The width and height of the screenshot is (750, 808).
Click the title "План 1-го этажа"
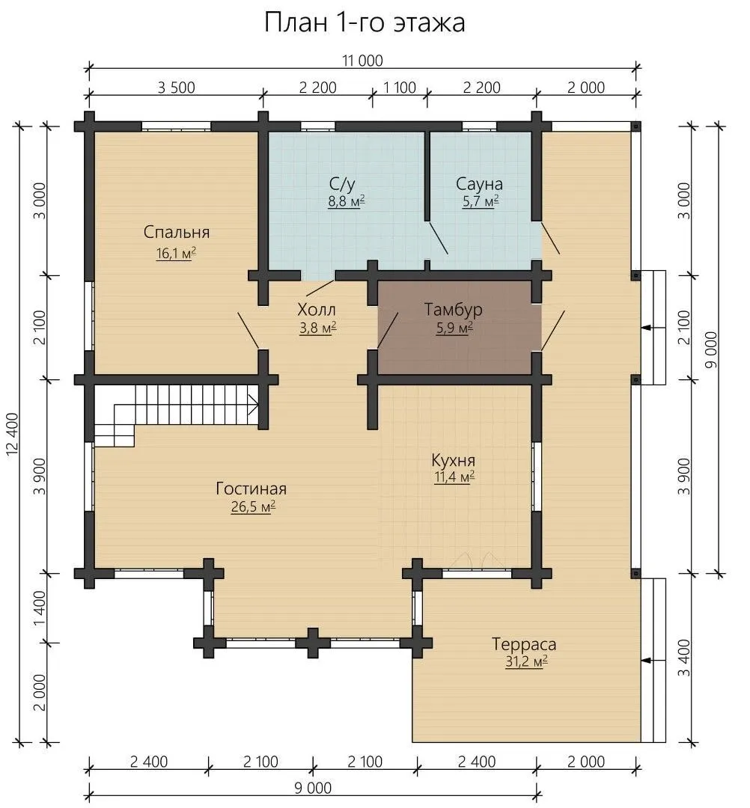tap(365, 22)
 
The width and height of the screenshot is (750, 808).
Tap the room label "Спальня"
tap(177, 232)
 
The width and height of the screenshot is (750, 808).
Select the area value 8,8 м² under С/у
tap(347, 201)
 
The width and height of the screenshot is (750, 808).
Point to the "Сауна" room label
tap(479, 183)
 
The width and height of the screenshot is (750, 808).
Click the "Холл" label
tap(317, 310)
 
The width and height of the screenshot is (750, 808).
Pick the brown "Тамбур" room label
tap(453, 309)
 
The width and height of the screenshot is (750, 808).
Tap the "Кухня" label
tap(454, 459)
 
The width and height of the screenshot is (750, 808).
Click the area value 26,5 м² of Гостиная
tap(252, 506)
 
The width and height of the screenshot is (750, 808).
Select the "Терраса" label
tap(524, 644)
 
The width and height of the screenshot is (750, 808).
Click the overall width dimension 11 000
tap(364, 61)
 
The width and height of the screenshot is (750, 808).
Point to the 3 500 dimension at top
tap(177, 88)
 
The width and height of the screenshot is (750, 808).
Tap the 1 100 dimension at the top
tap(400, 88)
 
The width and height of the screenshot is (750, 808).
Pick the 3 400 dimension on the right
tap(683, 658)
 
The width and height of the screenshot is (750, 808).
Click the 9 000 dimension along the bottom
tap(313, 788)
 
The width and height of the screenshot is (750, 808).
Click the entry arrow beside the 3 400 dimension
tap(652, 660)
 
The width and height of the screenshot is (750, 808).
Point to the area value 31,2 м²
tap(525, 661)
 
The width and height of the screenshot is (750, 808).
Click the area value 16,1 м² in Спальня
tap(177, 254)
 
